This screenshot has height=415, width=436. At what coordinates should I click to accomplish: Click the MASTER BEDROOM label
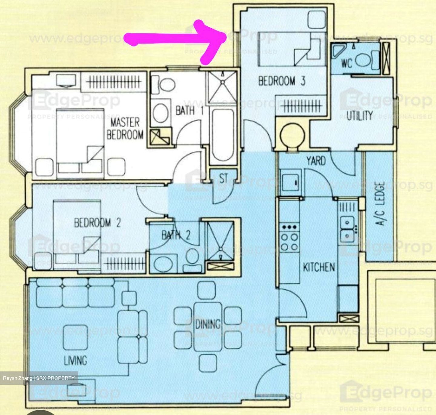pyautogui.click(x=125, y=129)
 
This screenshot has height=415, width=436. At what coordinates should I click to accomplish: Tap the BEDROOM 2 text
pyautogui.click(x=97, y=223)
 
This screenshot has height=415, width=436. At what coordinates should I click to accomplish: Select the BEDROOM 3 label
pyautogui.click(x=282, y=81)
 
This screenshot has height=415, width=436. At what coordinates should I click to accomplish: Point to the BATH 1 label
pyautogui.click(x=190, y=110)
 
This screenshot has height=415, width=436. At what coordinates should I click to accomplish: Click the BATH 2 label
pyautogui.click(x=176, y=235)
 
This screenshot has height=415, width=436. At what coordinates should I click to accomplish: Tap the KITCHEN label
pyautogui.click(x=319, y=267)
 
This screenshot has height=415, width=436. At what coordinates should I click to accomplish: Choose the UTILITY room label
pyautogui.click(x=359, y=116)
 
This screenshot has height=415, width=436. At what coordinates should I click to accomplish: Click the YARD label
pyautogui.click(x=316, y=161)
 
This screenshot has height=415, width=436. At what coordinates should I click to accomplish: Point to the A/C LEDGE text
pyautogui.click(x=380, y=203)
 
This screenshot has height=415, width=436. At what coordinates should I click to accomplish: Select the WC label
pyautogui.click(x=346, y=63)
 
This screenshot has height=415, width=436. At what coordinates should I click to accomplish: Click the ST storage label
pyautogui.click(x=223, y=179)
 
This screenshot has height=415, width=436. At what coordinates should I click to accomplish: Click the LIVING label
pyautogui.click(x=75, y=360)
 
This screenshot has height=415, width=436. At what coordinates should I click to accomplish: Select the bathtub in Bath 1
pyautogui.click(x=223, y=135)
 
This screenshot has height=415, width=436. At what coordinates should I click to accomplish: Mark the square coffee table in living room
pyautogui.click(x=75, y=337)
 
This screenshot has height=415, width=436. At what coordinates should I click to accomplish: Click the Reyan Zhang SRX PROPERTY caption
pyautogui.click(x=39, y=378)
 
